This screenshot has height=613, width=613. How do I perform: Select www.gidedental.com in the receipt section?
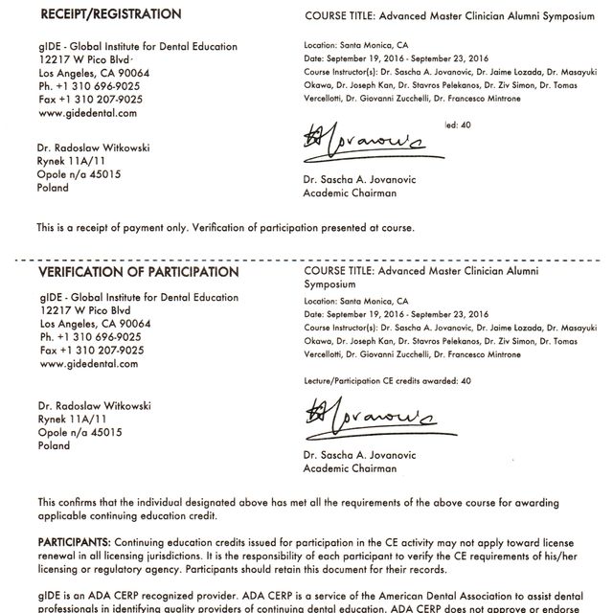pos(87,113)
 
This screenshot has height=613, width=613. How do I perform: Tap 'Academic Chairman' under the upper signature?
pos(349,193)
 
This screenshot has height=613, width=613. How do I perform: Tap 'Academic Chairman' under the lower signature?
pos(349,469)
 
